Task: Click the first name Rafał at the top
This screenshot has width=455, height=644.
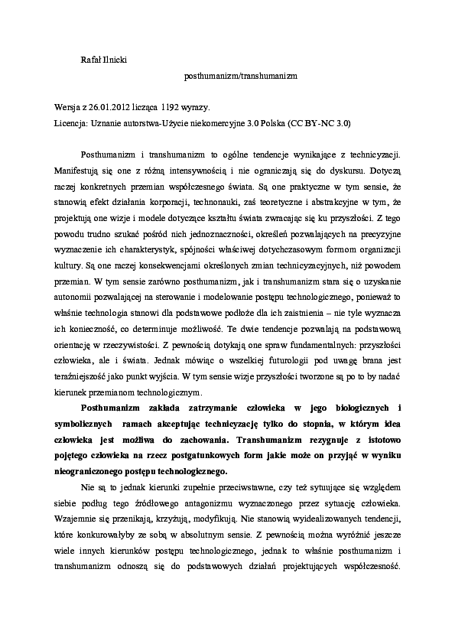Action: [91, 60]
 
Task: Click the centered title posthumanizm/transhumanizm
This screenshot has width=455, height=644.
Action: [240, 76]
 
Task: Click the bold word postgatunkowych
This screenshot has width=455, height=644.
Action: [232, 454]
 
